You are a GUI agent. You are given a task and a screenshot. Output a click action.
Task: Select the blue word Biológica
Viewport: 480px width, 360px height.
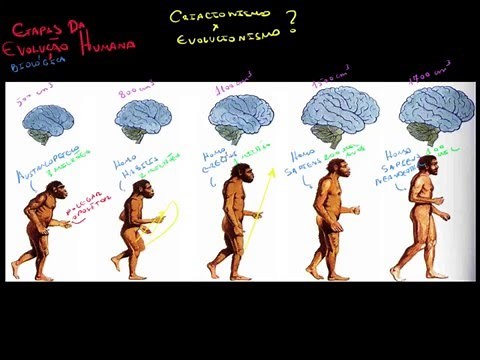pos(37,63)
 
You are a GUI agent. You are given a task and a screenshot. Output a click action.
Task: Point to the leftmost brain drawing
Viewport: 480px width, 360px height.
pos(49,122)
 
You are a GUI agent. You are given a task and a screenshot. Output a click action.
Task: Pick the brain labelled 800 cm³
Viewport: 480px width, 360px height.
pos(143,119)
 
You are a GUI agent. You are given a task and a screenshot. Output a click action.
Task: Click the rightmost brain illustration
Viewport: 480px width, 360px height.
pos(436,110)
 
